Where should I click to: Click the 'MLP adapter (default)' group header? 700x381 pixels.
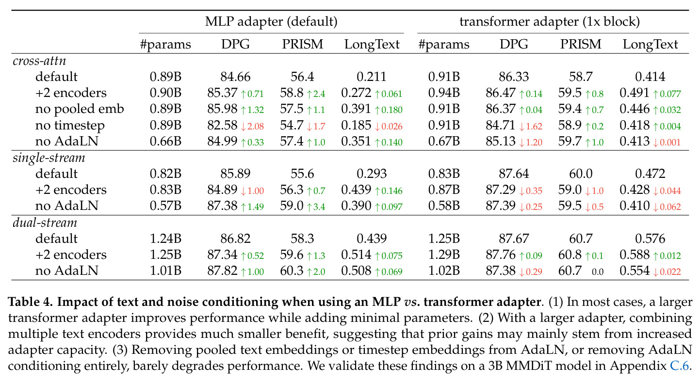(x=271, y=21)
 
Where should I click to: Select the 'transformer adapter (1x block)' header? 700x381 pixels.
(x=550, y=21)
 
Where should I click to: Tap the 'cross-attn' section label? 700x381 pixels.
(x=39, y=61)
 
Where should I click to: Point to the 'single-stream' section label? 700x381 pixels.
(x=49, y=158)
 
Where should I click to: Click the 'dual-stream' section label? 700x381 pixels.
(x=45, y=222)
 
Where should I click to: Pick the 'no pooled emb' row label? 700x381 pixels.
(x=80, y=109)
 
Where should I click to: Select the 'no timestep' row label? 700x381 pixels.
(x=70, y=125)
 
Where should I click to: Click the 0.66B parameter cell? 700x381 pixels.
(x=165, y=141)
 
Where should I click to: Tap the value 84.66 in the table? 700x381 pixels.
(x=235, y=77)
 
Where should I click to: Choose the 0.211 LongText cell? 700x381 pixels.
(x=372, y=77)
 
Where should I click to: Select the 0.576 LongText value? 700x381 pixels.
(x=650, y=238)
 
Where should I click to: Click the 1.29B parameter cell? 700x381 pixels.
(x=444, y=255)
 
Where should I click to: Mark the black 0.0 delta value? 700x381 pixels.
(x=598, y=272)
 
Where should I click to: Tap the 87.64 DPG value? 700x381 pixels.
(x=514, y=174)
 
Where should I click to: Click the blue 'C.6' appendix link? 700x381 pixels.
(x=679, y=365)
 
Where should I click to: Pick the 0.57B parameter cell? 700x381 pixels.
(x=165, y=206)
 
